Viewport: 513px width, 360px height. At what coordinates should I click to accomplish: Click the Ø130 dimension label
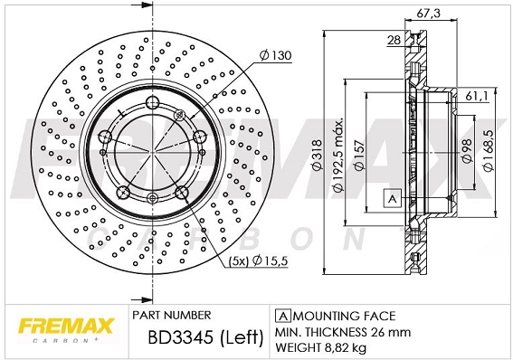tap(274, 55)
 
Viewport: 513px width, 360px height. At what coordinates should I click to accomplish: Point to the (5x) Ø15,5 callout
tap(258, 262)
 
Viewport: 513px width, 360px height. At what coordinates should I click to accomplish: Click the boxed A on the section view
tap(392, 198)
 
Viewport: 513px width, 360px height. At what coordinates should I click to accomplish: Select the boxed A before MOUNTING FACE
tap(281, 316)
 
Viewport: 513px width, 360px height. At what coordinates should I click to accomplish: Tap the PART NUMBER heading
tap(171, 315)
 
